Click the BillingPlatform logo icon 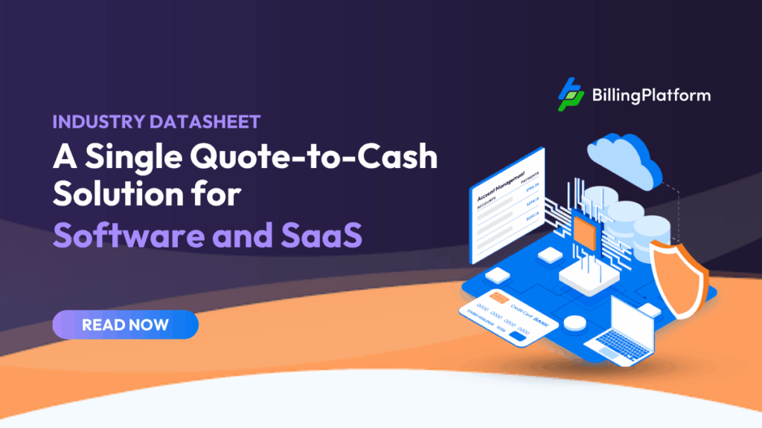(x=571, y=95)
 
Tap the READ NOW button (x=125, y=325)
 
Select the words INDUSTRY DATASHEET (x=156, y=122)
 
